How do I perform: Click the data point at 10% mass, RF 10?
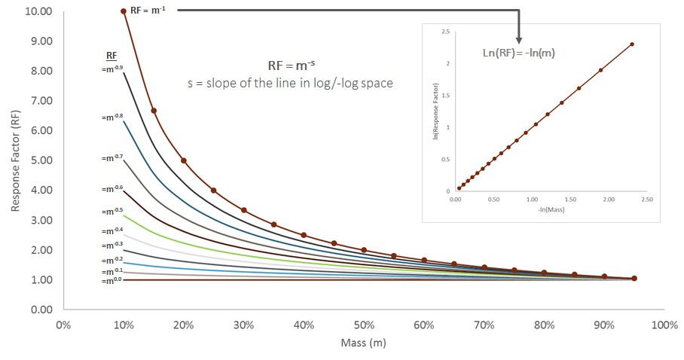pyautogui.click(x=124, y=11)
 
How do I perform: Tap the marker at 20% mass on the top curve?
pyautogui.click(x=184, y=160)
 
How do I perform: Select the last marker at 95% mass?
pyautogui.click(x=634, y=278)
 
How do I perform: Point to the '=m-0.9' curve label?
pyautogui.click(x=113, y=69)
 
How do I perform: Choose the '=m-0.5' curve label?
pyautogui.click(x=113, y=212)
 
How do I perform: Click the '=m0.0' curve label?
pyautogui.click(x=113, y=281)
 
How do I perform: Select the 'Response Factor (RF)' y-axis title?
pyautogui.click(x=17, y=160)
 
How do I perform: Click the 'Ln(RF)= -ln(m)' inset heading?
pyautogui.click(x=520, y=53)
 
